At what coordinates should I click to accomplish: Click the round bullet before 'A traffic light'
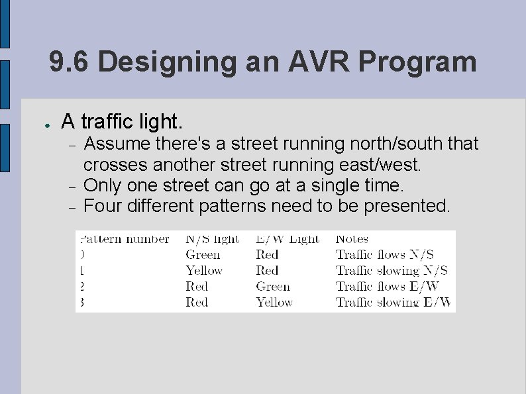pos(41,124)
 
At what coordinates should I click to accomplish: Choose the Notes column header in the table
pos(352,238)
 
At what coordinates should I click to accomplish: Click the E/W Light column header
pos(288,238)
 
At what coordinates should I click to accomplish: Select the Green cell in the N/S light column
pos(203,255)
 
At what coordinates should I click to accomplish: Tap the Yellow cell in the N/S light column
pos(204,271)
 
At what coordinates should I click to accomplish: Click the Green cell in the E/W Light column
pos(273,287)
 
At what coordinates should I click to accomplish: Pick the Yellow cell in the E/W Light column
pos(274,303)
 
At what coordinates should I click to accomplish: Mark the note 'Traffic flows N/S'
pos(384,255)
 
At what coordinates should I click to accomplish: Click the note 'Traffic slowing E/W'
pos(392,303)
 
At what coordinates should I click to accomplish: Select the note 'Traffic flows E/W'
pos(387,287)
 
